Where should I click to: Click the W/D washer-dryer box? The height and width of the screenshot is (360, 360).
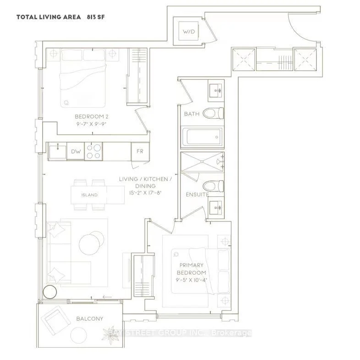tap(189, 31)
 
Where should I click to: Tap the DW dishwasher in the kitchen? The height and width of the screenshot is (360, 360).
tap(76, 151)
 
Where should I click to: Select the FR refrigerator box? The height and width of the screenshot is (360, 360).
tap(140, 151)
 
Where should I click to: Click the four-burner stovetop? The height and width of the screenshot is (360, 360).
tap(93, 151)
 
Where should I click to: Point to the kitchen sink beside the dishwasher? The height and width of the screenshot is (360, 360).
tap(58, 151)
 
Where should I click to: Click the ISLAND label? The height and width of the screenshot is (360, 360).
tap(89, 195)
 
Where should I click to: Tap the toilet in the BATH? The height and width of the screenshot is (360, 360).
tap(213, 113)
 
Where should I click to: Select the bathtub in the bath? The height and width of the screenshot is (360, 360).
tap(202, 137)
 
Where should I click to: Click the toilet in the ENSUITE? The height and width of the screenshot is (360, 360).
tap(213, 186)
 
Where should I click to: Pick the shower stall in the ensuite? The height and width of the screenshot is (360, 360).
tap(202, 161)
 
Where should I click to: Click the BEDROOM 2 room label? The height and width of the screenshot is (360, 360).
tap(92, 116)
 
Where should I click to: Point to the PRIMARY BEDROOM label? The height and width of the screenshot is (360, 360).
tap(191, 269)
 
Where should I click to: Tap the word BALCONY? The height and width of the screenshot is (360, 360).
tap(89, 319)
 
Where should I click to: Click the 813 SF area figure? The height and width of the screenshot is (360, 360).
tap(96, 17)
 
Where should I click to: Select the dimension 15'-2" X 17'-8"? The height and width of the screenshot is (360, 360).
tap(145, 193)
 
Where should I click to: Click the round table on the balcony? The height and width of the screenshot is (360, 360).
tap(78, 335)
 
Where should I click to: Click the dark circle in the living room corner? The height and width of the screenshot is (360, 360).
tap(50, 292)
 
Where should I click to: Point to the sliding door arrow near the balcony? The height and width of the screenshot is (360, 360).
tap(107, 297)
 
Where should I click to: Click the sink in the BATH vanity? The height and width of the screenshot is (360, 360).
tap(216, 90)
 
